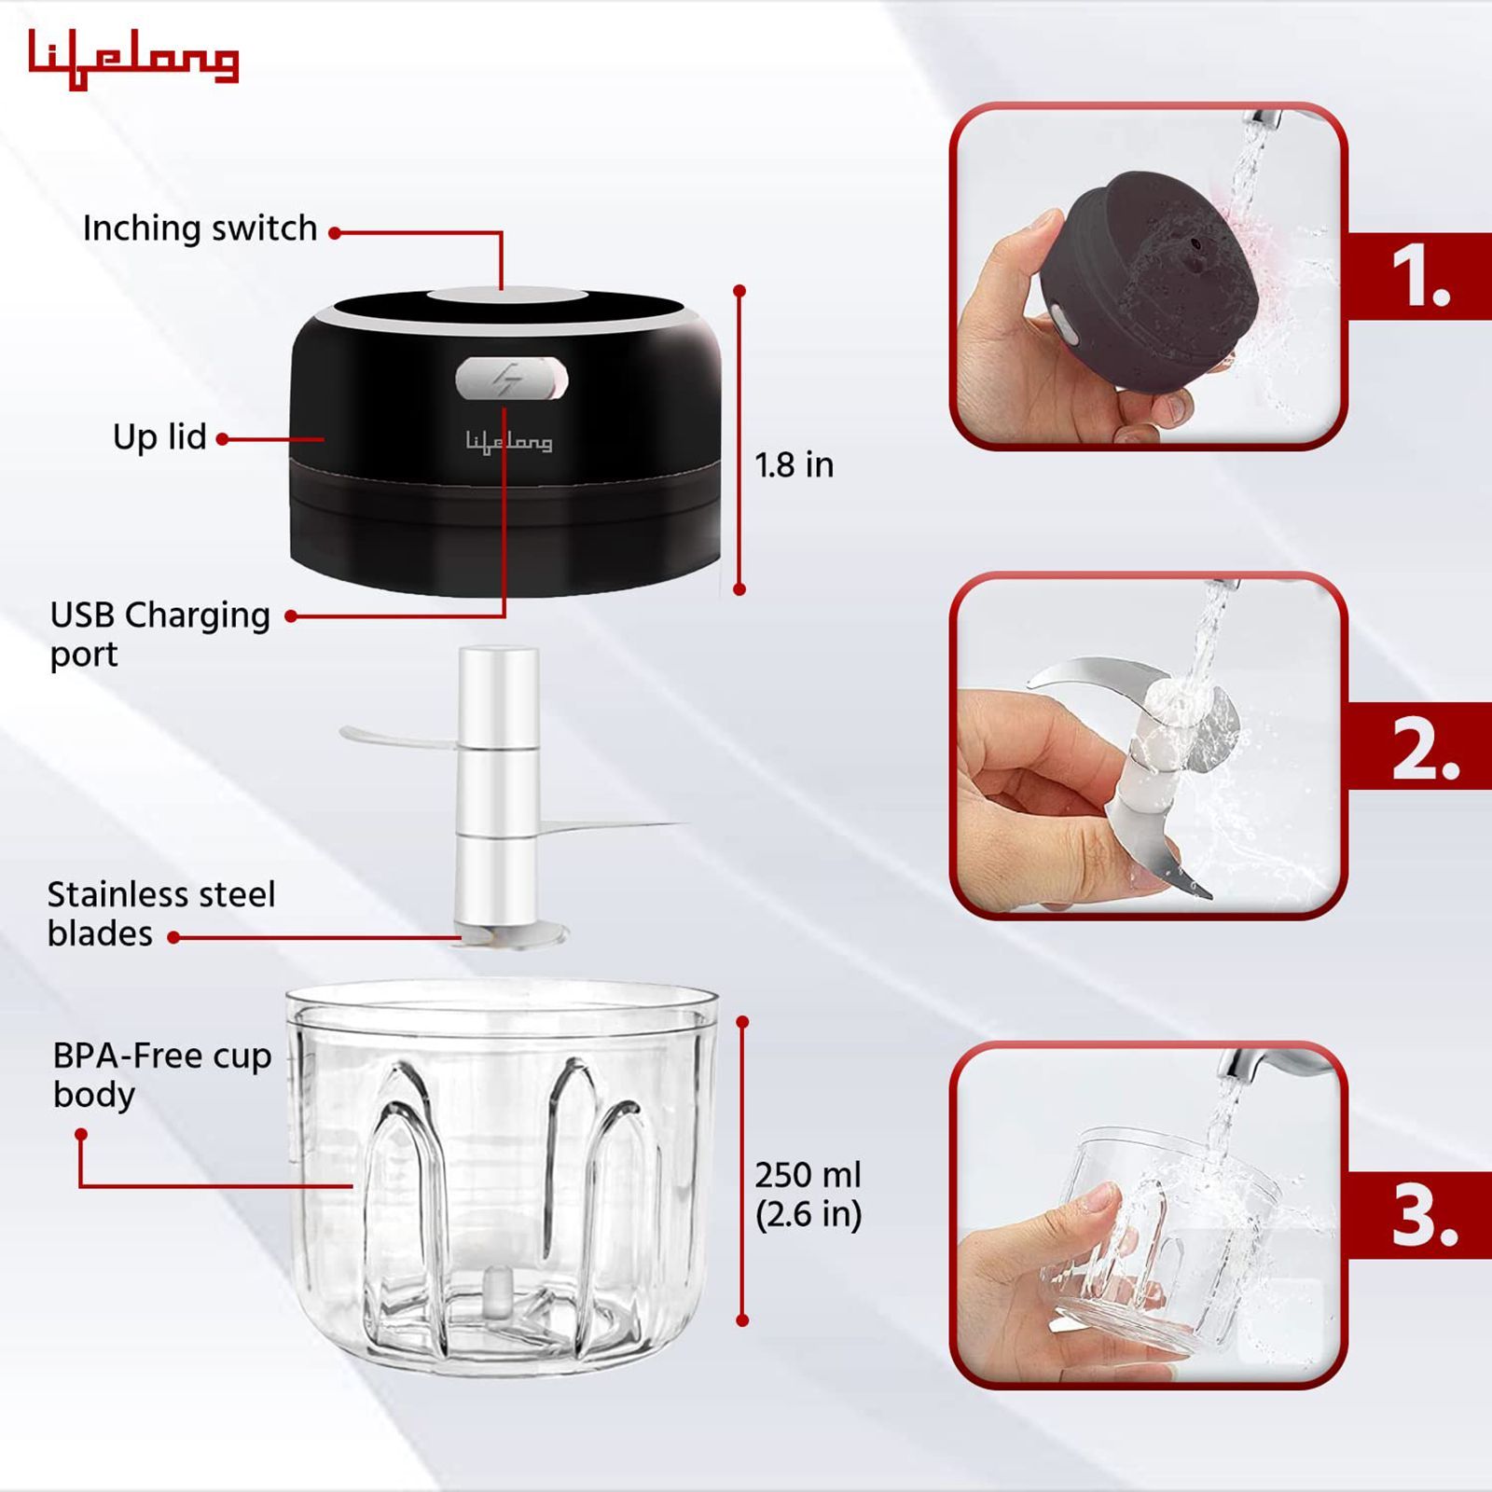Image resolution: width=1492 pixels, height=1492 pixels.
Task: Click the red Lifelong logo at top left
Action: click(x=133, y=58)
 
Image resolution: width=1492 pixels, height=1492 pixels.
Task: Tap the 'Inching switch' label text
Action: click(x=200, y=228)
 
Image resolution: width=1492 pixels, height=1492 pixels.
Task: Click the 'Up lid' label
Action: click(x=159, y=436)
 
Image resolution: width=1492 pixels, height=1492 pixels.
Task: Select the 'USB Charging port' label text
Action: click(x=159, y=633)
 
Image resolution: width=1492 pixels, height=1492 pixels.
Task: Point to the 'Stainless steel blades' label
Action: click(x=160, y=913)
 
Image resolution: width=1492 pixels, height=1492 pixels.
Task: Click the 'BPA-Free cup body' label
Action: click(x=161, y=1074)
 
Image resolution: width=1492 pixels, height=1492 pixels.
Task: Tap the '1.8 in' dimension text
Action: click(x=794, y=464)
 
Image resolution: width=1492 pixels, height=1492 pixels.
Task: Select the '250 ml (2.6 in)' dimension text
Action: click(x=808, y=1195)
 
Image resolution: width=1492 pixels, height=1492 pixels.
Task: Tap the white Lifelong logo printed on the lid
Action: click(x=509, y=442)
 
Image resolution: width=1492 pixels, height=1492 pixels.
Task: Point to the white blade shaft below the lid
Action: click(x=498, y=783)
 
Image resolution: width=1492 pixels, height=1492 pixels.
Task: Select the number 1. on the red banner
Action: click(x=1420, y=277)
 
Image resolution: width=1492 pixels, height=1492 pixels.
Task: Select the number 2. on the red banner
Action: click(x=1425, y=749)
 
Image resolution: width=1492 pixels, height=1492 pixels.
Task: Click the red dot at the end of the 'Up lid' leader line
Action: click(x=223, y=438)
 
